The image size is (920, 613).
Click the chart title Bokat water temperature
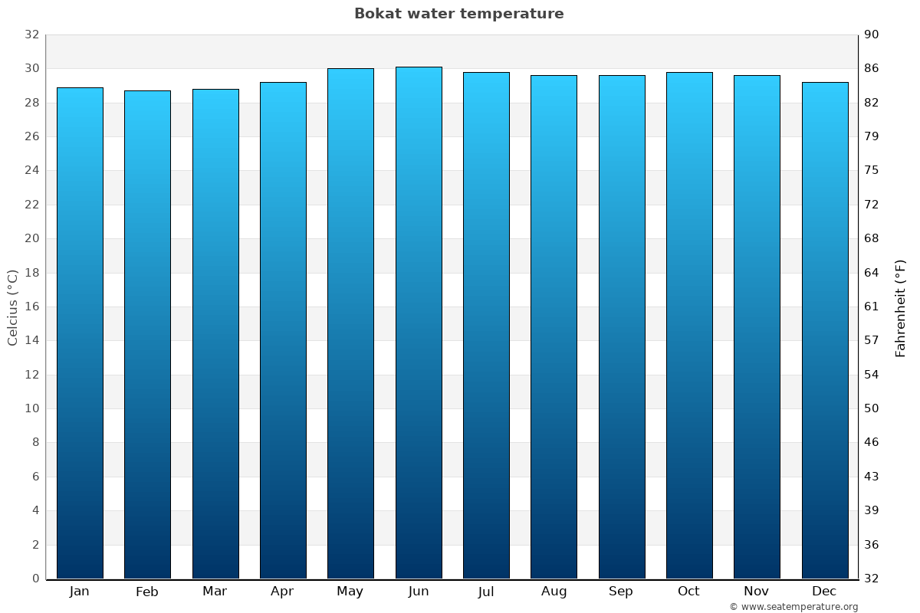(x=458, y=14)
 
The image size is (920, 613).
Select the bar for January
(x=80, y=333)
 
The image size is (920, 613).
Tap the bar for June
(x=419, y=323)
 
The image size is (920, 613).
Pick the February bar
(x=147, y=335)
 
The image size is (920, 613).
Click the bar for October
(x=689, y=326)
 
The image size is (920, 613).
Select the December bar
(x=825, y=330)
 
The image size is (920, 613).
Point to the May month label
(x=350, y=592)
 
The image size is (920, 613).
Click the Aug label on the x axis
(x=554, y=592)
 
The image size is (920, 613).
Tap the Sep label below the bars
(x=621, y=592)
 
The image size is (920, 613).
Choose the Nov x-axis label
(x=757, y=592)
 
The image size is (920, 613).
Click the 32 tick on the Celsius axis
(x=31, y=34)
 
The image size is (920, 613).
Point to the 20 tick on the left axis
(x=31, y=238)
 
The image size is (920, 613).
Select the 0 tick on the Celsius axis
(x=35, y=579)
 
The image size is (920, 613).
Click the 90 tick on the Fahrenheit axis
(x=872, y=34)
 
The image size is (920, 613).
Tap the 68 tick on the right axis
(x=872, y=238)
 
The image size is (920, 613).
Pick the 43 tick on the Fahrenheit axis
(x=872, y=477)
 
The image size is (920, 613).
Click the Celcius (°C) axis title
(x=12, y=306)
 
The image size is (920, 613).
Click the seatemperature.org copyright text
(x=793, y=607)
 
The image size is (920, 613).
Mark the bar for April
(x=283, y=330)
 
